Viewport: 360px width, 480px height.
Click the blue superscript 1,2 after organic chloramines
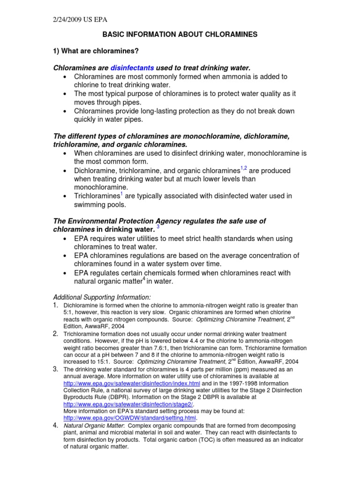pos(243,168)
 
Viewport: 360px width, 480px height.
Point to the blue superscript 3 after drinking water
pos(158,227)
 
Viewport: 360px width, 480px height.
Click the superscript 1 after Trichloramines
pos(122,194)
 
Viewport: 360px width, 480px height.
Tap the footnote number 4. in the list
pos(56,425)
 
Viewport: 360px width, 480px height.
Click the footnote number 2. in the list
pos(56,333)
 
